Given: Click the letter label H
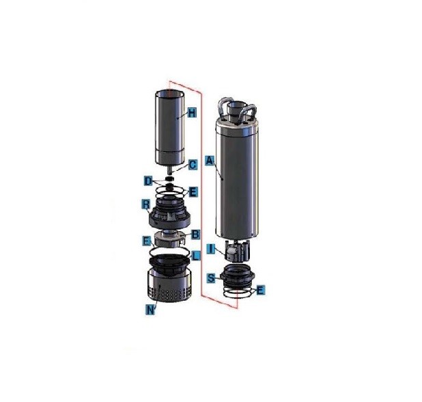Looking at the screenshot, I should tap(192, 113).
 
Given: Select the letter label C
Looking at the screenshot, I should tap(193, 164).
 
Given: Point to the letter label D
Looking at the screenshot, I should tap(147, 180).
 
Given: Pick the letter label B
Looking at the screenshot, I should tap(195, 234).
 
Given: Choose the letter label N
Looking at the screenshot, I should tap(150, 310).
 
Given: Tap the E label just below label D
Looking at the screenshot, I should tap(193, 192).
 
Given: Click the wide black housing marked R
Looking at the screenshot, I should tap(169, 215).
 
